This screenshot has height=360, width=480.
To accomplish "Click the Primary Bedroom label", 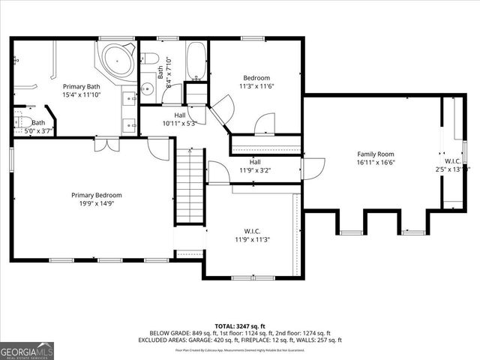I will tap(97, 195).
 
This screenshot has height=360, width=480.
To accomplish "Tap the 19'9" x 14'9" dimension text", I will tap(97, 204).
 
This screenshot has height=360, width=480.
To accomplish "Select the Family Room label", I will tap(375, 154).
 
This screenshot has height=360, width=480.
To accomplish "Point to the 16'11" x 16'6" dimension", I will tap(375, 162).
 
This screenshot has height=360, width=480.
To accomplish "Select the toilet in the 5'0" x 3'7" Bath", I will tap(22, 122).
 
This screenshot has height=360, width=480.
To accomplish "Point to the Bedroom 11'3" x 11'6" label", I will tap(256, 78).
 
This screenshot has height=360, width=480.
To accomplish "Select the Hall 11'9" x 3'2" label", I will tap(255, 166).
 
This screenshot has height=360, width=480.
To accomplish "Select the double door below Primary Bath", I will tap(106, 144).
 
